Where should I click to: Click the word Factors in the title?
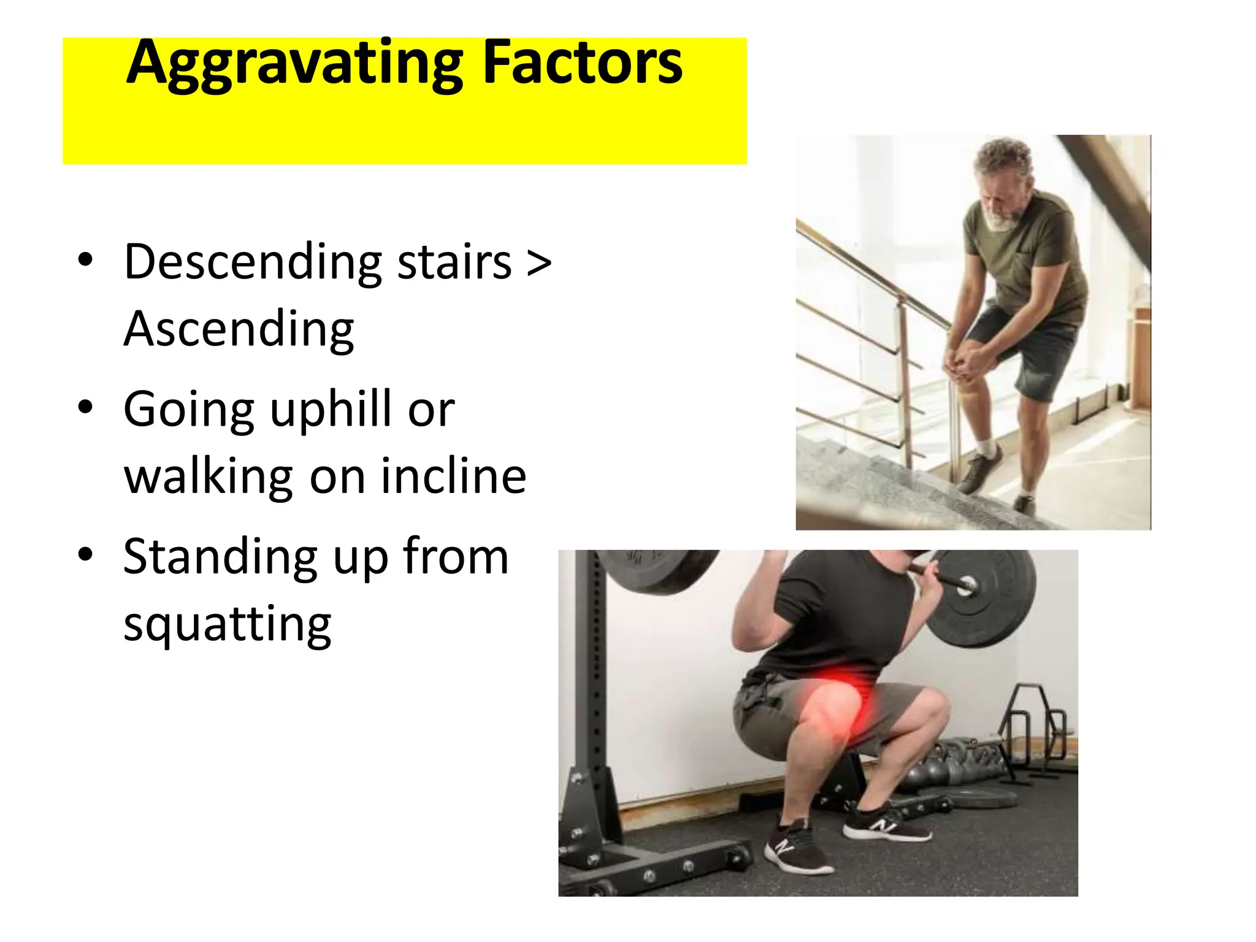point(582,63)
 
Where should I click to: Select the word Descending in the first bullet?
point(253,262)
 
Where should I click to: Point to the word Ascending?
point(239,330)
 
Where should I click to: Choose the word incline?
point(453,477)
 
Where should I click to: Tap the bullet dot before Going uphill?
point(85,407)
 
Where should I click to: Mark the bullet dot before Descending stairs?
point(85,259)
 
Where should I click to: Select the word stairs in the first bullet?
point(454,262)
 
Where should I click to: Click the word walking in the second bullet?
point(209,477)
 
